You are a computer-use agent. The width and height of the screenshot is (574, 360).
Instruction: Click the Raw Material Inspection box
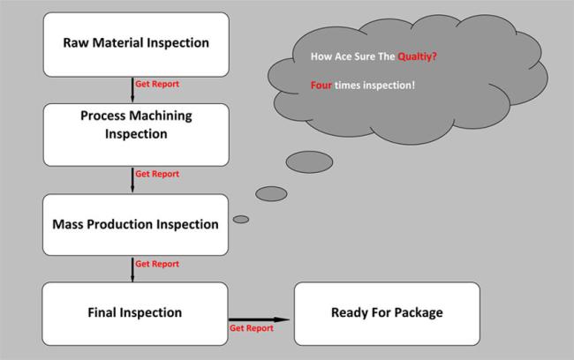point(135,42)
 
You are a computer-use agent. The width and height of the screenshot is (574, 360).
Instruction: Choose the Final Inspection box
point(135,313)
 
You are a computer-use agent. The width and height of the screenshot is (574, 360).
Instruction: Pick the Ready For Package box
point(387,313)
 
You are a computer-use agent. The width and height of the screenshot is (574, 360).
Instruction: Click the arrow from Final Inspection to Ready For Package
point(260,319)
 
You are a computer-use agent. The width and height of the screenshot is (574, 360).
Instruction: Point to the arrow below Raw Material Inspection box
point(132,90)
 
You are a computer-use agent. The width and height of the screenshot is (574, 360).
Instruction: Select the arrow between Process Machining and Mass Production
point(132,180)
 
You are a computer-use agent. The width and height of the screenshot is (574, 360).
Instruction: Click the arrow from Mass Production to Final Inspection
point(132,270)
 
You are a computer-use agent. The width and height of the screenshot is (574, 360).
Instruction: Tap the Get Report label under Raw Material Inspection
point(157,85)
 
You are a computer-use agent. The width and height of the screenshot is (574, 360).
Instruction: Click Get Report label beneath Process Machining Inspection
point(157,175)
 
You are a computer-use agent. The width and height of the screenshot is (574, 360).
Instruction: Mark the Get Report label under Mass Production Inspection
point(157,265)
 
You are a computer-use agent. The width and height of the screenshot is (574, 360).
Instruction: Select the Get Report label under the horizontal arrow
point(252,328)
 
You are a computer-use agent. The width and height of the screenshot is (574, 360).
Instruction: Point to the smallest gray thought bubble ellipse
point(240,219)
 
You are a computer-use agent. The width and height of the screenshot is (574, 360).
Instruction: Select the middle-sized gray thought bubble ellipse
point(271,193)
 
